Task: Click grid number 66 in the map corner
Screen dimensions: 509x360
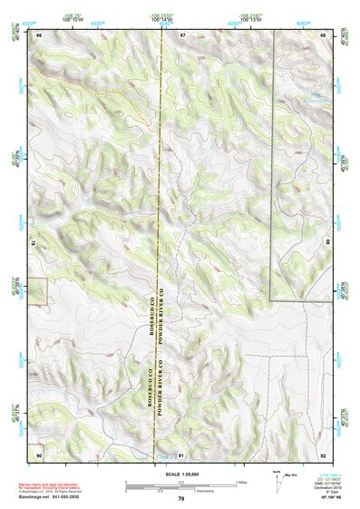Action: pos(39,34)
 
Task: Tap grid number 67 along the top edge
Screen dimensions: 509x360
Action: pos(181,34)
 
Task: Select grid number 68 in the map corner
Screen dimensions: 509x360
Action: pos(323,34)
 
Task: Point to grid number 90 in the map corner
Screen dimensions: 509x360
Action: pos(39,453)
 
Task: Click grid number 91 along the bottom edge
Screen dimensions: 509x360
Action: pos(181,453)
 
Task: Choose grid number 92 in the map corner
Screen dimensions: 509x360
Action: pos(323,453)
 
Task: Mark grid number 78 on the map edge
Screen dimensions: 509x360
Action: pos(33,243)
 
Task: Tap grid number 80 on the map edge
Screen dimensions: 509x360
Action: pos(328,243)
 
